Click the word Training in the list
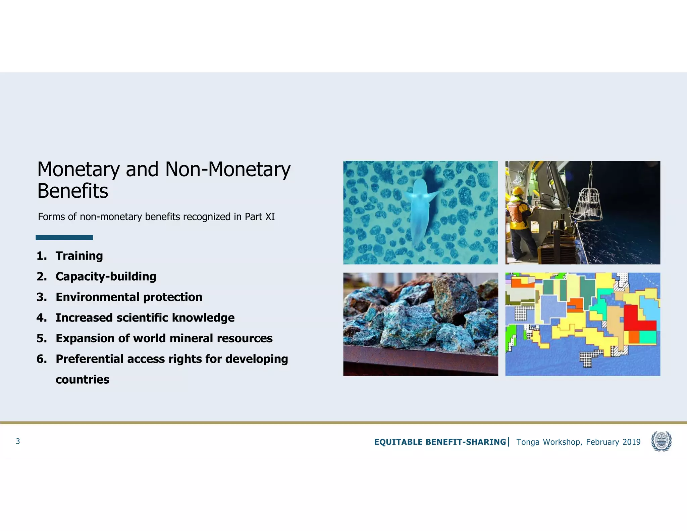pos(79,256)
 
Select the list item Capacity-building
pos(106,277)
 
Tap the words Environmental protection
pos(129,297)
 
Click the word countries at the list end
pos(82,380)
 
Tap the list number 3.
pos(42,297)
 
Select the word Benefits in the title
pos(72,191)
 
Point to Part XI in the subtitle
pos(260,217)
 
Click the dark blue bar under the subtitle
pos(64,238)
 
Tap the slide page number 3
pos(18,441)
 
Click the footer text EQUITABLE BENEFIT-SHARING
pos(440,442)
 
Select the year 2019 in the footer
pos(631,442)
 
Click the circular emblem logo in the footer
pos(661,441)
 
